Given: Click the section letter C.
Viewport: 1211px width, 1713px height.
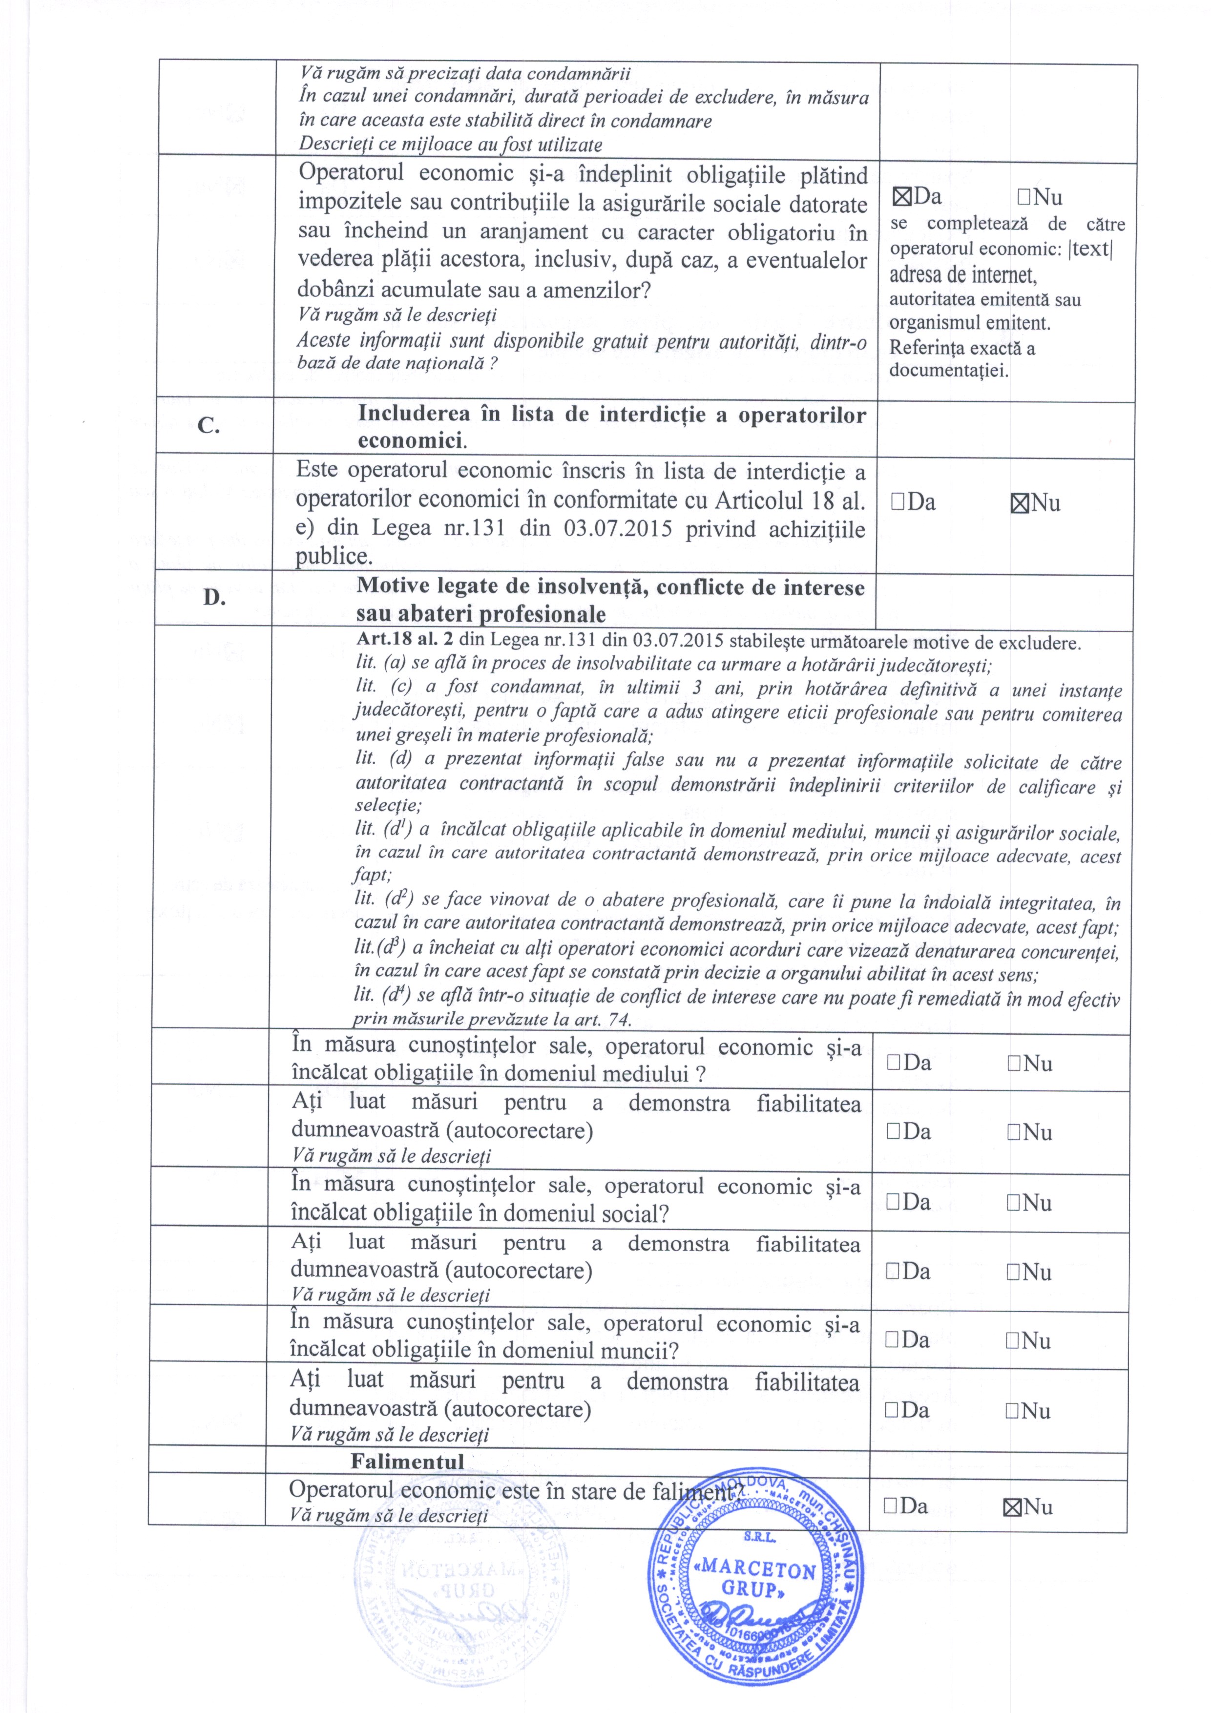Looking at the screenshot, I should pos(209,426).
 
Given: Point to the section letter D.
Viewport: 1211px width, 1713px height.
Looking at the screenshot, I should pos(214,598).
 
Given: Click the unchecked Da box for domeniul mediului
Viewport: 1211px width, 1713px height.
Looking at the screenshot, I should pos(894,1063).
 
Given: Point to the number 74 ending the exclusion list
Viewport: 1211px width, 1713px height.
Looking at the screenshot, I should pos(619,1019).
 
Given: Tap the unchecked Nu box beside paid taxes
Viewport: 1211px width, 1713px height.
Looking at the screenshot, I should pos(1023,198).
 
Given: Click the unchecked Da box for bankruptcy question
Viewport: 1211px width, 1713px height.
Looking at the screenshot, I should pos(890,1506).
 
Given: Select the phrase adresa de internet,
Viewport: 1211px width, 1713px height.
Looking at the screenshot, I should pos(962,275).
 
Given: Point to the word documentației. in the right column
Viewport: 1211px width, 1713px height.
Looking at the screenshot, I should pos(948,370).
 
